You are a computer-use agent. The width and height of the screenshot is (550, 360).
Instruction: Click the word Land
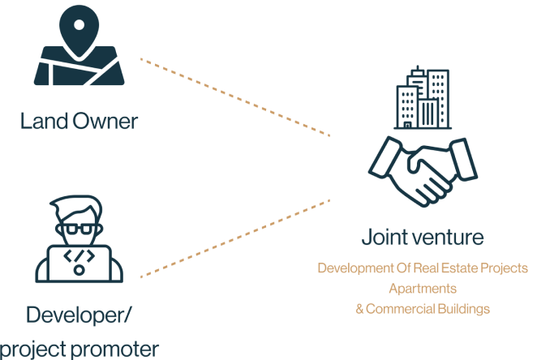43,122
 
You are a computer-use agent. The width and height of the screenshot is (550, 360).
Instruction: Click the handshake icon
422,169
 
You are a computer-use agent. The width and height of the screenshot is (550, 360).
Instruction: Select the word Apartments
422,288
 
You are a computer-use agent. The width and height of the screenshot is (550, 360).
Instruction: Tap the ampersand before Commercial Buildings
359,308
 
